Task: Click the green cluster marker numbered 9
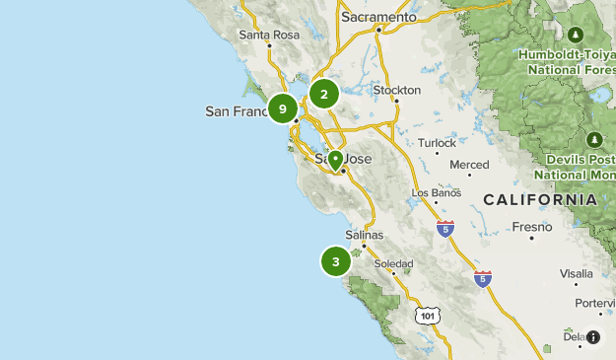coord(283,108)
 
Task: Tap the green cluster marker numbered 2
coord(323,94)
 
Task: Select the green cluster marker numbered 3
coord(336,261)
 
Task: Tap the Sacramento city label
coord(378,17)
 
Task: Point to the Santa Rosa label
coord(268,35)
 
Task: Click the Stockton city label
coord(396,90)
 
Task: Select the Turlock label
coord(437,142)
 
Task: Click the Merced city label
coord(469,165)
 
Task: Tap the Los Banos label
coord(435,192)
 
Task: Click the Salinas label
coord(365,236)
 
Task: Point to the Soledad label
coord(392,264)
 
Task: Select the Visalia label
coord(577,273)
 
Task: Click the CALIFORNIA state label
coord(539,199)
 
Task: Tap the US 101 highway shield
coord(426,316)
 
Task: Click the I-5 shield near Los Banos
coord(445,229)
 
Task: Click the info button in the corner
coord(593,337)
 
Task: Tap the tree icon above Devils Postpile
coord(595,140)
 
